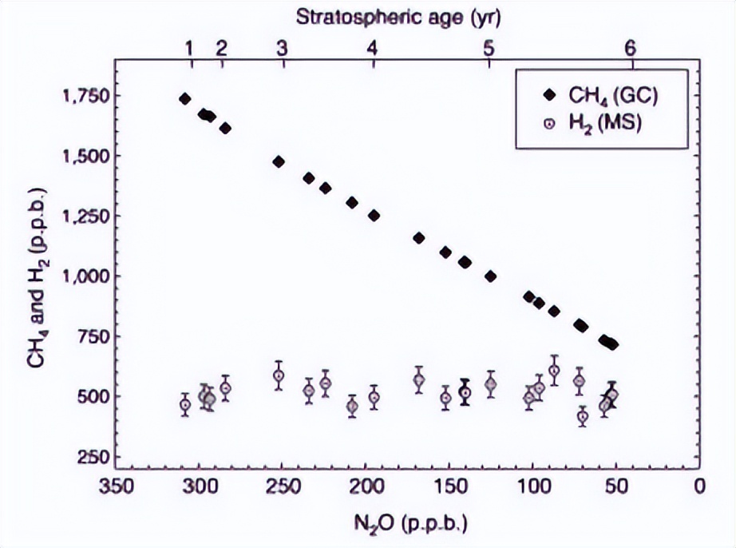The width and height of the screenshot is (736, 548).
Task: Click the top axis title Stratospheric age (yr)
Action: pos(390,15)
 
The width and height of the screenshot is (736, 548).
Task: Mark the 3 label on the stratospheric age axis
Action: pos(281,49)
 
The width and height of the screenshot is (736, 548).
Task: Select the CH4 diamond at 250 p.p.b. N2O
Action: pos(279,161)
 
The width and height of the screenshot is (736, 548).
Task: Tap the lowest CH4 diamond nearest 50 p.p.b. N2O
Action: pos(613,345)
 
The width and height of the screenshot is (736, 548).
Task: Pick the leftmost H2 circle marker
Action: pos(185,404)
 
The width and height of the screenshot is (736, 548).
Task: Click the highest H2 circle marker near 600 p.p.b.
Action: pos(554,371)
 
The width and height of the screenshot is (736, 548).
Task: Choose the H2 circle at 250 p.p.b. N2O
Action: pos(279,375)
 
